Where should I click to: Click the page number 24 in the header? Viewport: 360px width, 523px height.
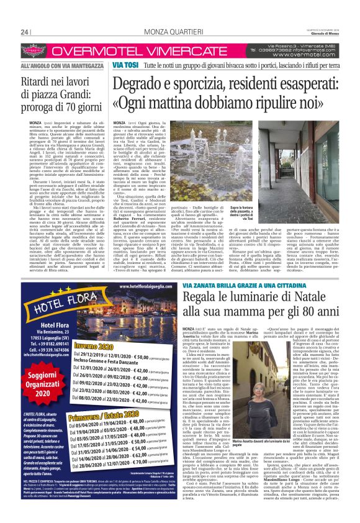pos(25,32)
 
